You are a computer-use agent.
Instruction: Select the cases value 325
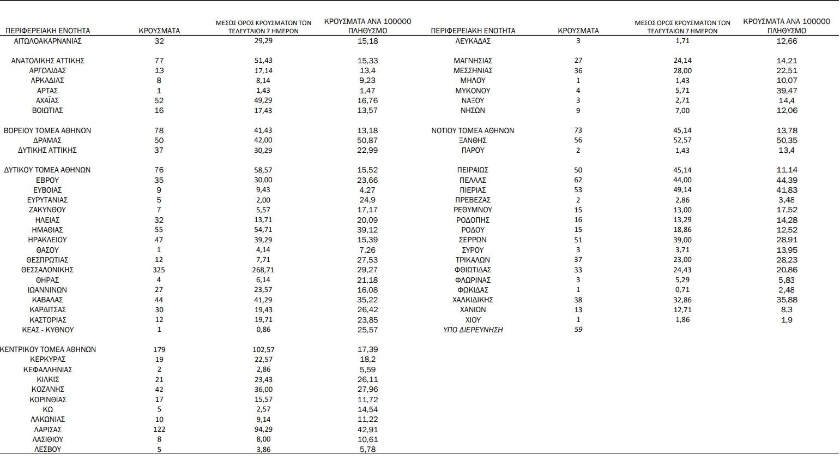pos(159,270)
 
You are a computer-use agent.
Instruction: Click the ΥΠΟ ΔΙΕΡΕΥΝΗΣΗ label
pos(473,330)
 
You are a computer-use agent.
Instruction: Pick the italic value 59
pos(578,330)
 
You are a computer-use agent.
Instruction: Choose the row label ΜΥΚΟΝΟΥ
pos(473,91)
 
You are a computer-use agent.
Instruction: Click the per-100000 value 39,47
pos(787,91)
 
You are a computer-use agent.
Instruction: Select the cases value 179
pos(159,349)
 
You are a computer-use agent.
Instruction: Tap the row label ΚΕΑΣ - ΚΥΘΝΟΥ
pos(48,330)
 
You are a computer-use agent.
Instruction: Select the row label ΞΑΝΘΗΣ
pos(473,140)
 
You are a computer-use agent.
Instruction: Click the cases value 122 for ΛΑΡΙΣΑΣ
pos(159,430)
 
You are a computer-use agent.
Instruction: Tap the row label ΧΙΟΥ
pos(473,320)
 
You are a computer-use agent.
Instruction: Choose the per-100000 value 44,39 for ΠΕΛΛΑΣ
pos(787,180)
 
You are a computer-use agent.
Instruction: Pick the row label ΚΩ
pos(47,409)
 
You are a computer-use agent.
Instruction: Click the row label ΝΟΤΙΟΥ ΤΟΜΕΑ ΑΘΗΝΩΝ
pos(473,130)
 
